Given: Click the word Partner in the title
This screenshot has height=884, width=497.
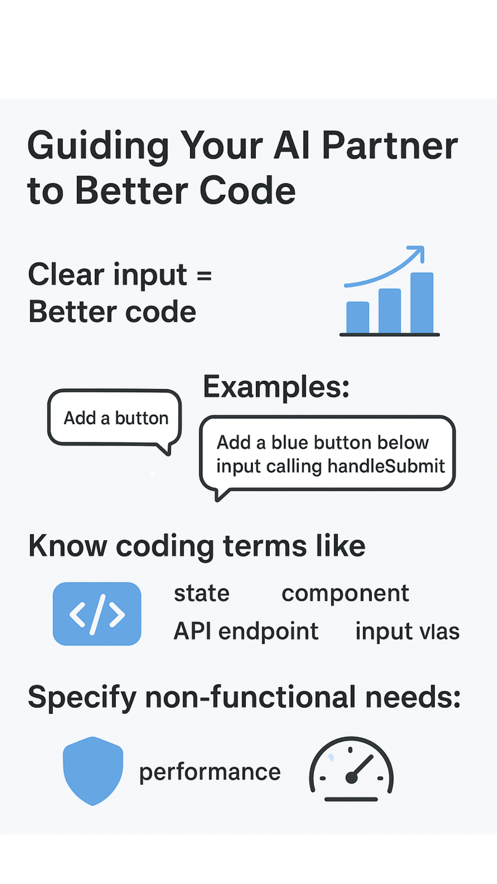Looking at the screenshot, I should point(389,146).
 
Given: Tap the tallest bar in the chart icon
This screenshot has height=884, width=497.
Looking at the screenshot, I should point(422,302).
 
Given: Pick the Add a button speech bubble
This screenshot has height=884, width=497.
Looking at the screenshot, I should point(115,418).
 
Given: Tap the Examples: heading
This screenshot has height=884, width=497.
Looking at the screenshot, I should point(276,387).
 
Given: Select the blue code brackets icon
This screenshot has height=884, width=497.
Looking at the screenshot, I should point(97,614).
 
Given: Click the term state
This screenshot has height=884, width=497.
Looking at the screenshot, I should point(202,593).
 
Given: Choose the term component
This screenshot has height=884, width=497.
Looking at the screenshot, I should point(345,593).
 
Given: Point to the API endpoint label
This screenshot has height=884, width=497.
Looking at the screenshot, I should point(246,631).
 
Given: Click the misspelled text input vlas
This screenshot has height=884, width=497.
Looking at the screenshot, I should point(407,631).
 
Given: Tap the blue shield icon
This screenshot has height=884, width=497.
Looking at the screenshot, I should point(93,770).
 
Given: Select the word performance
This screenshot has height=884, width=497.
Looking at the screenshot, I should point(210,772).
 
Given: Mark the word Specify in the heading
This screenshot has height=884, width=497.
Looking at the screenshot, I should point(82,698).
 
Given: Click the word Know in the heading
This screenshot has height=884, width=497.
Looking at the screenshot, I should point(68,547).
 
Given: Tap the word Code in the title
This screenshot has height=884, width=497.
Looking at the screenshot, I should point(248,191).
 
